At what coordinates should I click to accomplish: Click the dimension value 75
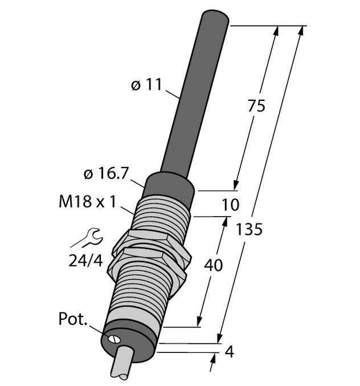[x=256, y=107]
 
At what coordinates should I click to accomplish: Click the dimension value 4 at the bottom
[x=230, y=352]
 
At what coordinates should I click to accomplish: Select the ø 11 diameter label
[x=146, y=86]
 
